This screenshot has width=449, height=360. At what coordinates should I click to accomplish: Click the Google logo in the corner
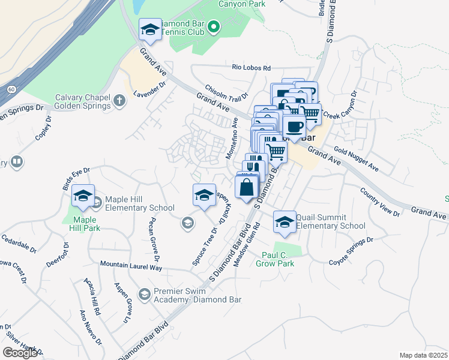point(20,353)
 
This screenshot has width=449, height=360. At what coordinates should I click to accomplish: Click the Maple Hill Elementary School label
point(139,203)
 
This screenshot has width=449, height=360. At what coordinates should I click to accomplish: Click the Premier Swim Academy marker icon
point(144,295)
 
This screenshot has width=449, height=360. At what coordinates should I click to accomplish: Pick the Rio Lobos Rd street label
point(252,68)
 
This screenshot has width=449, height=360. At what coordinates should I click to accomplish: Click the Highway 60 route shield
point(11,89)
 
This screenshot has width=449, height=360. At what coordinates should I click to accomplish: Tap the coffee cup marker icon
point(294,127)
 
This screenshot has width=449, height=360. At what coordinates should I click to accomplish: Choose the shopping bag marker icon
point(247,187)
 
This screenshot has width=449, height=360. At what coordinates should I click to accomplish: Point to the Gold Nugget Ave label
point(357,157)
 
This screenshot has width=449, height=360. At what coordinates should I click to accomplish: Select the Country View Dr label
point(379,202)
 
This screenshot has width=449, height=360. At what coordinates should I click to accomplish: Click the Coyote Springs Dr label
point(351,251)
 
